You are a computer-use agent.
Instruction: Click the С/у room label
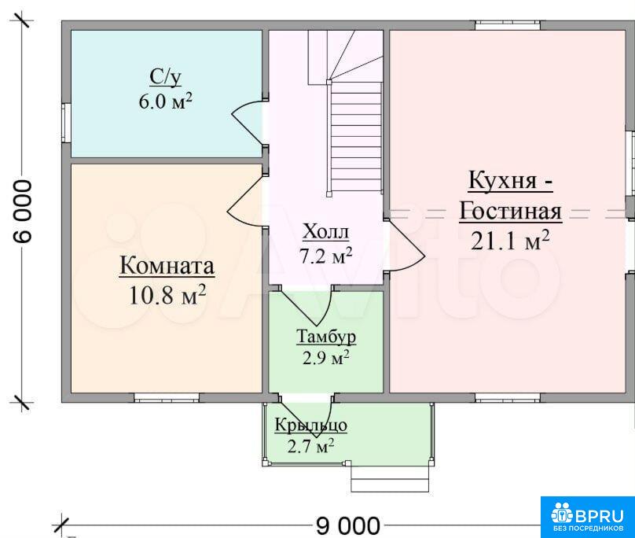tap(165, 77)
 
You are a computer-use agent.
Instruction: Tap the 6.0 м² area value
tap(165, 101)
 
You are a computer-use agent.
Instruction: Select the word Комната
tap(167, 267)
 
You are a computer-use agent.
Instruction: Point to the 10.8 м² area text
tap(167, 295)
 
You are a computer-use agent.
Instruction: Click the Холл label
tap(325, 231)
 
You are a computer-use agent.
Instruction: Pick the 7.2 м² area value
tap(325, 256)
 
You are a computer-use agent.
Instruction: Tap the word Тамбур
tap(326, 337)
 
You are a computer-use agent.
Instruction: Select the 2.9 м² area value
tap(326, 358)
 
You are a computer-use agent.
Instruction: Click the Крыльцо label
tap(311, 426)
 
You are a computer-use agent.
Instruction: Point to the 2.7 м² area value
tap(311, 446)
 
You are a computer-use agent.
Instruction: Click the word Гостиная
tap(510, 212)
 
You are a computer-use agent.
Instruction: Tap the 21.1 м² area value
tap(510, 241)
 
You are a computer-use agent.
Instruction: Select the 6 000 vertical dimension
tap(23, 212)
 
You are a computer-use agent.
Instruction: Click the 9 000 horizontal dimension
tap(348, 526)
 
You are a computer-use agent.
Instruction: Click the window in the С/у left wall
tap(67, 123)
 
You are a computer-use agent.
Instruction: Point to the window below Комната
tap(167, 397)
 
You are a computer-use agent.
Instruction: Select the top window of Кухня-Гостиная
tap(508, 25)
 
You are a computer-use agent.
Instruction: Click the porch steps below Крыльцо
tap(390, 478)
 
